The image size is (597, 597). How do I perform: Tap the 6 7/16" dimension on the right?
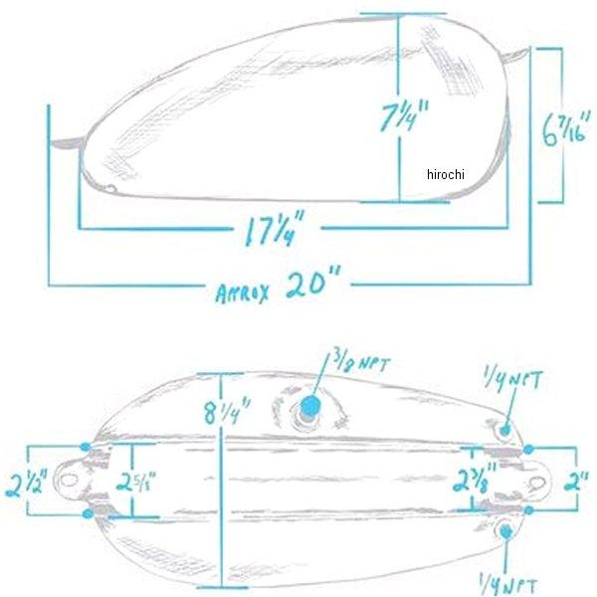tap(566, 128)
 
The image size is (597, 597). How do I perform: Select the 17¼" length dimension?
tap(275, 228)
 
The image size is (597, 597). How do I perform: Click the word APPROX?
tap(242, 294)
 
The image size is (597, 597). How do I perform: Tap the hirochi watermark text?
tap(446, 174)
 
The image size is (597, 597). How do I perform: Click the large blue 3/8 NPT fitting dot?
tap(309, 406)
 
